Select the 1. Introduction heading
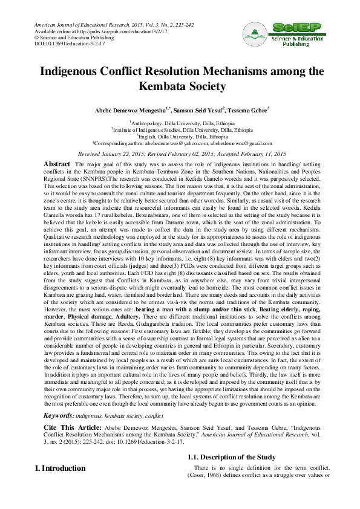click(x=61, y=468)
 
